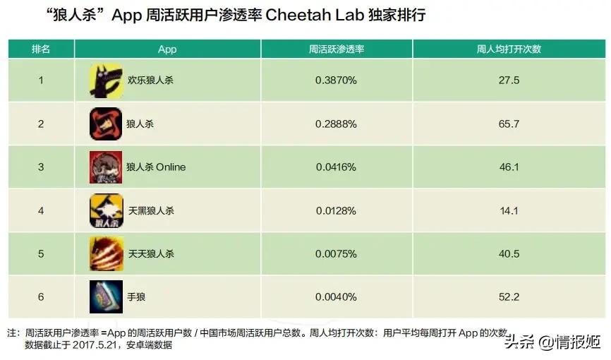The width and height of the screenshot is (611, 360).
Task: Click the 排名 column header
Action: click(x=41, y=49)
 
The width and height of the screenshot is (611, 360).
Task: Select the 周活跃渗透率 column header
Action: click(x=336, y=49)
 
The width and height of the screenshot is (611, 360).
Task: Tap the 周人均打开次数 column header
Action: click(x=508, y=49)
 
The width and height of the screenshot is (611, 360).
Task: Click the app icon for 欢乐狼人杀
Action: click(x=106, y=80)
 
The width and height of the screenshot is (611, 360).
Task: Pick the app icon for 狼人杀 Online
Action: click(x=106, y=167)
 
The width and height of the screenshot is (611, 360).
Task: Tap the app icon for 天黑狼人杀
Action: click(x=106, y=210)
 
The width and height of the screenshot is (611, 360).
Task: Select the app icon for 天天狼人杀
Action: click(x=106, y=253)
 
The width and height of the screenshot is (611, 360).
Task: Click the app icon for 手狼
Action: click(x=106, y=296)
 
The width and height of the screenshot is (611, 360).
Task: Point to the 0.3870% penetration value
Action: click(x=336, y=80)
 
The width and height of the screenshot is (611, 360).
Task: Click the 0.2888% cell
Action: click(x=336, y=124)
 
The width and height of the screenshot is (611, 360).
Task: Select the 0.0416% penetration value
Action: click(x=336, y=167)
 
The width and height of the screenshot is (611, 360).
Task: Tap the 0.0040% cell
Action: click(x=336, y=296)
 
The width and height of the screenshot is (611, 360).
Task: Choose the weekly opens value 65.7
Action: click(x=508, y=124)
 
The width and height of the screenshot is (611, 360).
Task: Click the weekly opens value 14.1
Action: click(x=508, y=210)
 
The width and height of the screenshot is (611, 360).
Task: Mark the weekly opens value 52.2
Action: click(x=508, y=296)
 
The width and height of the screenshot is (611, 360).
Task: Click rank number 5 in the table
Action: click(x=41, y=253)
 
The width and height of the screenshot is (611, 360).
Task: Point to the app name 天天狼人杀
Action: click(x=150, y=253)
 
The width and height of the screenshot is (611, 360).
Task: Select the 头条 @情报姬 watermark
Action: click(x=552, y=342)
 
